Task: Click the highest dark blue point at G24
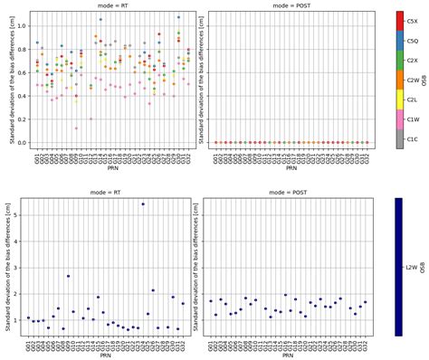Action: (143, 204)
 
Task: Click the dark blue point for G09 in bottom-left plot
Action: (68, 276)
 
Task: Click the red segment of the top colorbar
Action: (399, 22)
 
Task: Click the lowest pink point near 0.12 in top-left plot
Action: (76, 128)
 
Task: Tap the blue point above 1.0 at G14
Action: (100, 19)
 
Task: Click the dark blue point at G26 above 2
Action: (153, 290)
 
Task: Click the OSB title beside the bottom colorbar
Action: (425, 267)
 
